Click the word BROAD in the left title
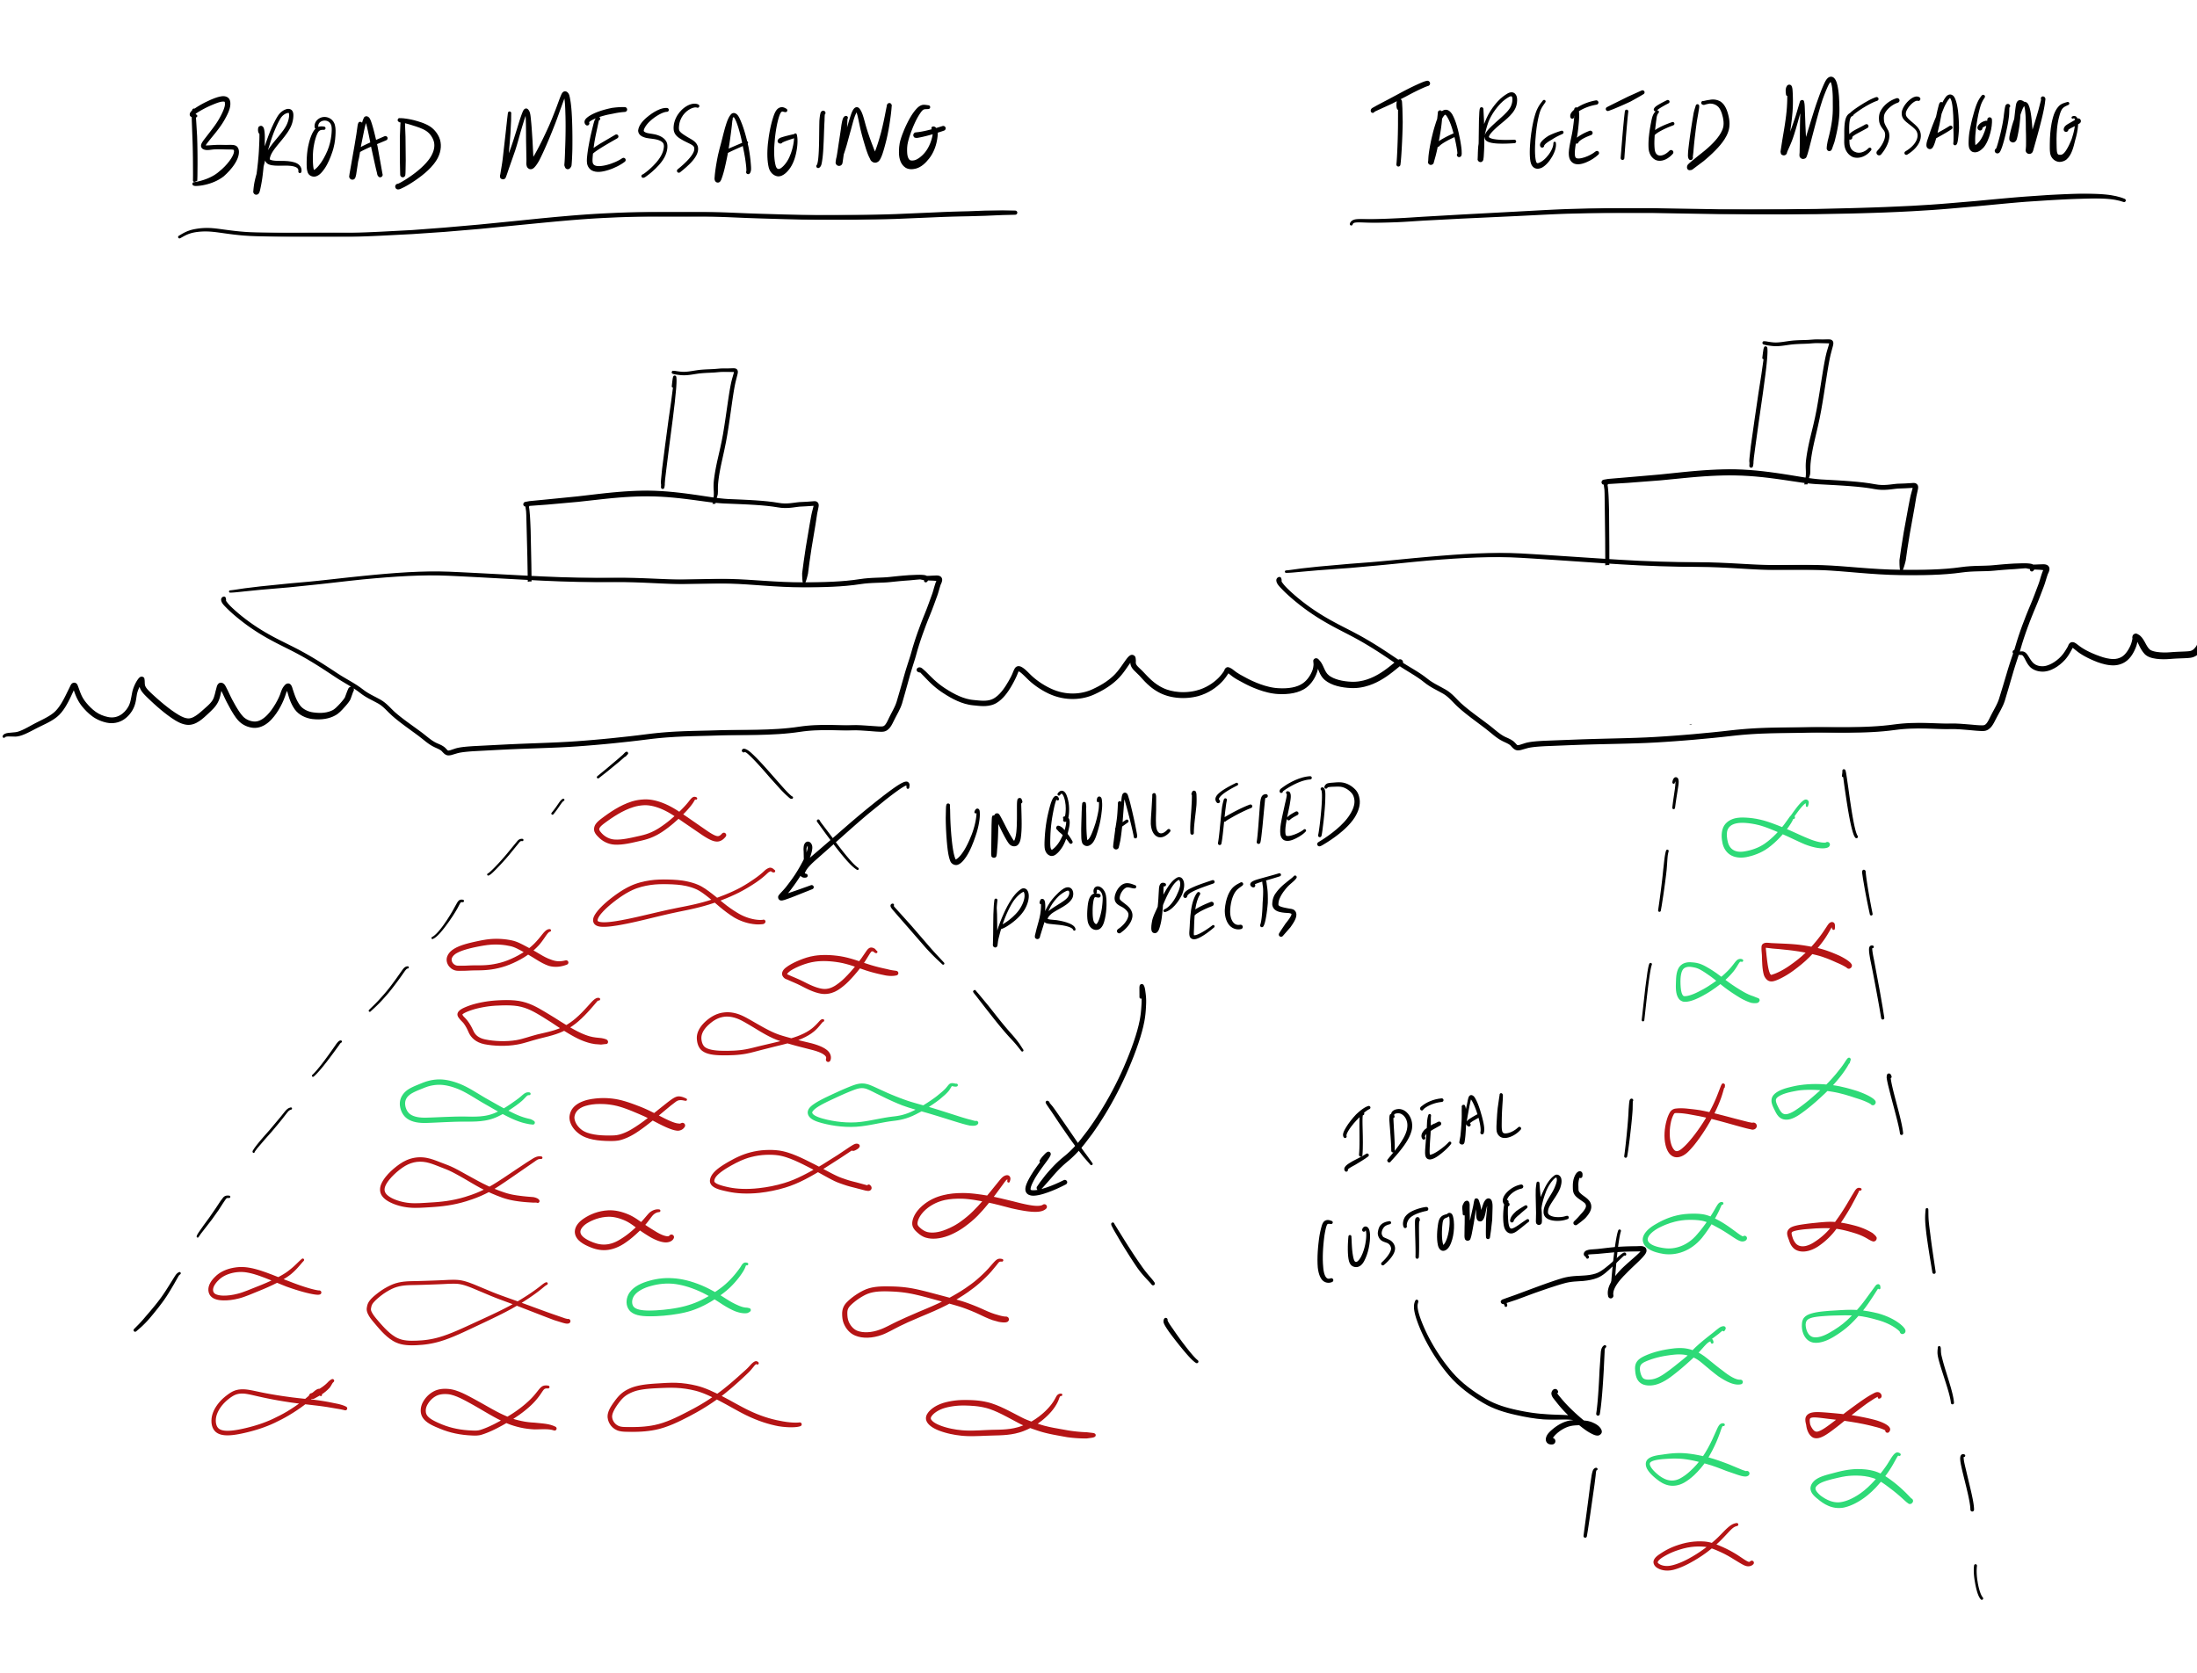(314, 144)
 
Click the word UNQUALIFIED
(1150, 822)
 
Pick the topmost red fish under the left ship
(657, 822)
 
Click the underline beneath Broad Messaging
(598, 221)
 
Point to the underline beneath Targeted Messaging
(1738, 210)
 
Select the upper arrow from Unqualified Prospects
(842, 842)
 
